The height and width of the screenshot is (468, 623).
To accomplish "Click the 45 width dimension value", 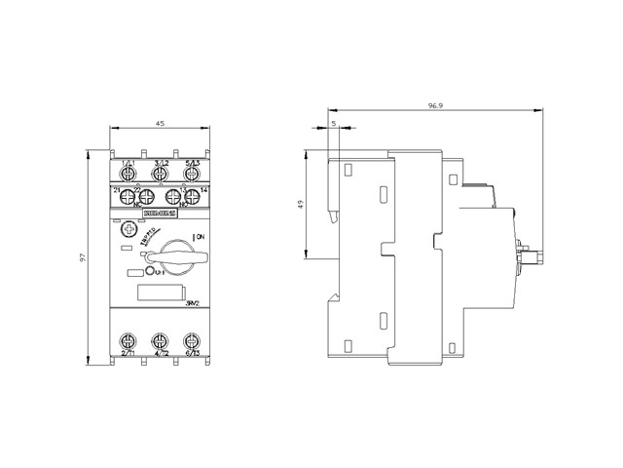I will tap(160, 123).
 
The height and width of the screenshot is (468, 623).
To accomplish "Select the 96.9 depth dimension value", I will tap(435, 101).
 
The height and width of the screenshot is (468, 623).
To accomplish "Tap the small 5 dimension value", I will tap(333, 123).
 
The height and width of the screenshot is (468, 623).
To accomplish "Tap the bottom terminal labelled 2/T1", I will tap(128, 341).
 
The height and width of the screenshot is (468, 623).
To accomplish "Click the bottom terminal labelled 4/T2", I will tap(160, 341).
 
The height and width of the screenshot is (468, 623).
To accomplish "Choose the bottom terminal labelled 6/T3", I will tap(192, 341).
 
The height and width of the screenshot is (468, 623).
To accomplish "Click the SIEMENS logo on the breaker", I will tap(159, 211).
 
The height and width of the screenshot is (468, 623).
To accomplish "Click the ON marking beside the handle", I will tap(200, 237).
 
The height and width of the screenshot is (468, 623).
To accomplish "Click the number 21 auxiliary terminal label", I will tap(116, 188).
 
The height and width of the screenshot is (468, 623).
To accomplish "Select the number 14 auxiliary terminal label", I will tap(204, 188).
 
